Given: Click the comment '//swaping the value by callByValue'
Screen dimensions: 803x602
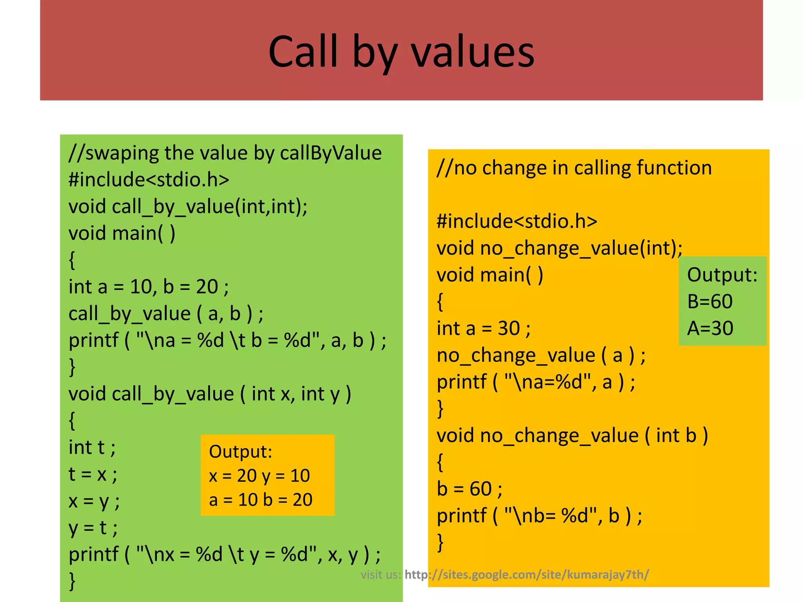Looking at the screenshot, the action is pyautogui.click(x=225, y=153).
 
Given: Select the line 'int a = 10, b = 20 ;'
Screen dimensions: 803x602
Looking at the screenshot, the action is pyautogui.click(x=149, y=287).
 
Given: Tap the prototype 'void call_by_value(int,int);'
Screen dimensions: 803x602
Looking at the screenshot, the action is pyautogui.click(x=188, y=207).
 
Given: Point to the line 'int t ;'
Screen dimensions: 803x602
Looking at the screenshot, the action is pyautogui.click(x=92, y=448).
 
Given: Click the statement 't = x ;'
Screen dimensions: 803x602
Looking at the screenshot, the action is pyautogui.click(x=93, y=474).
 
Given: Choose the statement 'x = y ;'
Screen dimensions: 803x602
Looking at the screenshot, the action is pyautogui.click(x=94, y=501).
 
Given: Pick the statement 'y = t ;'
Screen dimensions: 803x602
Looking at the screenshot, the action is pyautogui.click(x=93, y=528).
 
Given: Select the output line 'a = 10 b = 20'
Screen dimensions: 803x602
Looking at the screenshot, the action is pyautogui.click(x=261, y=500).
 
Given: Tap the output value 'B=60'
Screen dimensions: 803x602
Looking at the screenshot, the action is pyautogui.click(x=710, y=301).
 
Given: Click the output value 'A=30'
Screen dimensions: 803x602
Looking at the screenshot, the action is pyautogui.click(x=710, y=328).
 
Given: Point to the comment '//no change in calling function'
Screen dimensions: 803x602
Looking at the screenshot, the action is pyautogui.click(x=574, y=168).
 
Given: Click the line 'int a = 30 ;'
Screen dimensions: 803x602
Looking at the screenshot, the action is pyautogui.click(x=484, y=328).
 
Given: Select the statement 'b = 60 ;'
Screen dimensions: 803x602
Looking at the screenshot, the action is pyautogui.click(x=470, y=489).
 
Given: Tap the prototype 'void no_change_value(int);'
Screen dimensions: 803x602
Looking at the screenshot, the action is pyautogui.click(x=560, y=248).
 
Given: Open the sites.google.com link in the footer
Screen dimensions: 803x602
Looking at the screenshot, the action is pyautogui.click(x=527, y=575).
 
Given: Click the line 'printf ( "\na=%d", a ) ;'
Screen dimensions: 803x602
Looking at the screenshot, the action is pyautogui.click(x=536, y=382).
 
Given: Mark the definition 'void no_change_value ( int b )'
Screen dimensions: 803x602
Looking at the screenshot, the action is pyautogui.click(x=572, y=436).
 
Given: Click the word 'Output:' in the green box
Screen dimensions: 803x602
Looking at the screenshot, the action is pyautogui.click(x=722, y=274).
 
